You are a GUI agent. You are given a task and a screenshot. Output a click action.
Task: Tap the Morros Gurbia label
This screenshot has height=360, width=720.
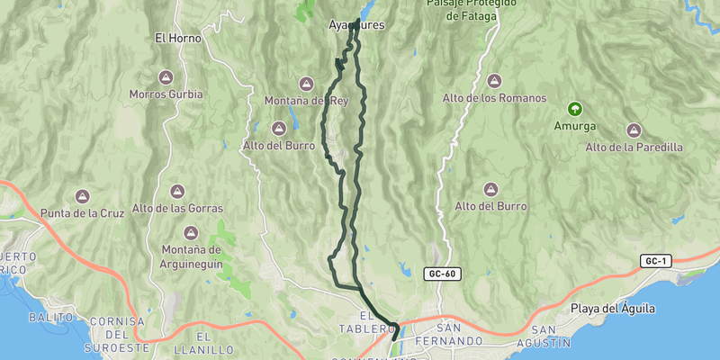[166, 94]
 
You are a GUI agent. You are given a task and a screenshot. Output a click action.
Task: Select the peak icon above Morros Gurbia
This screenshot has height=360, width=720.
[166, 77]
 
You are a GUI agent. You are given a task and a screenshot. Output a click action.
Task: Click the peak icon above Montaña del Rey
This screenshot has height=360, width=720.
[306, 84]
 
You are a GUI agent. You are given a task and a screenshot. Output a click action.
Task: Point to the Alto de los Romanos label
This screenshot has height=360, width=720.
[494, 98]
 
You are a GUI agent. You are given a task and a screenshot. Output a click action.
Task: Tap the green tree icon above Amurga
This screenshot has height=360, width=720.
[572, 108]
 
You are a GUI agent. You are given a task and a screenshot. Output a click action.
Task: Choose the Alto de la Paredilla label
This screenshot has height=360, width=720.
[634, 147]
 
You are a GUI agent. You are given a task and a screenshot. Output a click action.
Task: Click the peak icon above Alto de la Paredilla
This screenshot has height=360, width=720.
[634, 130]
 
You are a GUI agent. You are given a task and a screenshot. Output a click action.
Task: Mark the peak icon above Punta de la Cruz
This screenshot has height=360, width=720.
[82, 196]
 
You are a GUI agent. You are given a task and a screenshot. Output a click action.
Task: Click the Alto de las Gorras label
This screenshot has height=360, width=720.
[176, 209]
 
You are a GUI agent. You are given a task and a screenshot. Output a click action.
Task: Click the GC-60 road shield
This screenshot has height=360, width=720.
[442, 273]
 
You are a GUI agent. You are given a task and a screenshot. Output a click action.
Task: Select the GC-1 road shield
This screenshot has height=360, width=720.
[655, 261]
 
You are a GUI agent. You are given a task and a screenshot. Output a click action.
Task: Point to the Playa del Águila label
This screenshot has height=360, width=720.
[612, 309]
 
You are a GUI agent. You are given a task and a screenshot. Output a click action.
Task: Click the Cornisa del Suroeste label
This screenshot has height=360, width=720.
[117, 334]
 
